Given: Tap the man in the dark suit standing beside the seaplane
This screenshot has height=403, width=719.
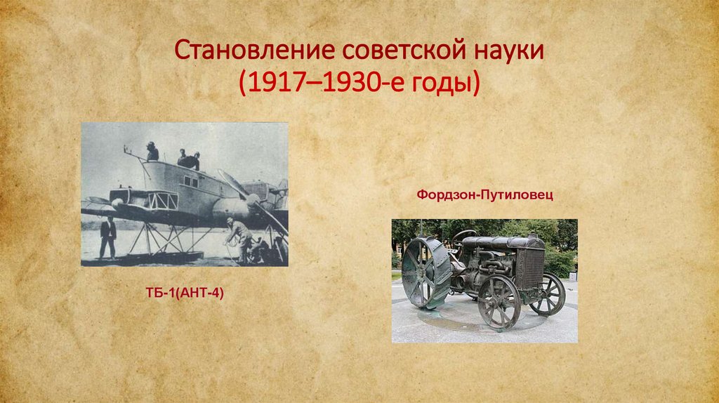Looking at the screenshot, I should (107, 237).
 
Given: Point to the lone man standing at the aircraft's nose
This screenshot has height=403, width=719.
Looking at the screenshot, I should (152, 151).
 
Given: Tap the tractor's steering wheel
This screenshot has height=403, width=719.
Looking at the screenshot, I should (463, 238).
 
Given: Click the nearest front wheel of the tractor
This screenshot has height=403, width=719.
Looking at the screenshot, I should (499, 302).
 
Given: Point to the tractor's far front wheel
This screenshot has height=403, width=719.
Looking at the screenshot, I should (548, 293).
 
